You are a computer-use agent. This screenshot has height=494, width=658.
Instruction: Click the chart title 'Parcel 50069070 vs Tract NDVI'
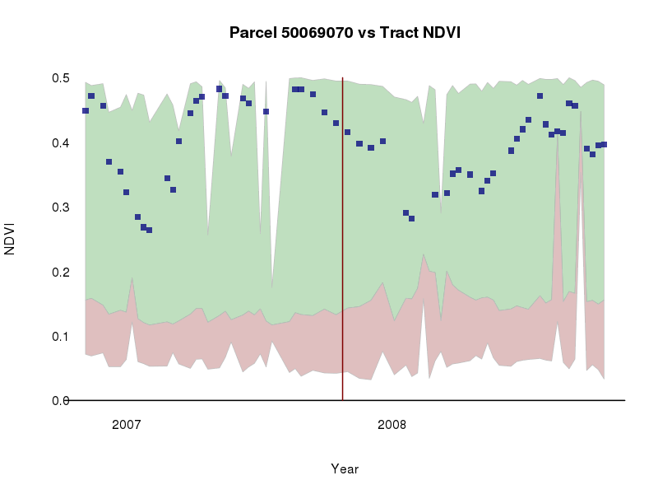click(345, 34)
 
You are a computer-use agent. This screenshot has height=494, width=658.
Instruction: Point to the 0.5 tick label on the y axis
click(61, 78)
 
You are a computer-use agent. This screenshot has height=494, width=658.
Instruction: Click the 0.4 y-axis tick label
click(61, 143)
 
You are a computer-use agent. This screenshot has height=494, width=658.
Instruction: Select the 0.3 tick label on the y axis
click(61, 207)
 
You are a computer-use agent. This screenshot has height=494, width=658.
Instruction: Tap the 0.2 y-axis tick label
click(61, 272)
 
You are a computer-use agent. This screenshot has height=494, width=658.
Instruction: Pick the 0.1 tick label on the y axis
click(61, 337)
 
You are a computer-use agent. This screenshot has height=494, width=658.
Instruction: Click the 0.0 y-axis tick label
click(61, 401)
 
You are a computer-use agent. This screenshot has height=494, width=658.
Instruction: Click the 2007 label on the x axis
click(127, 425)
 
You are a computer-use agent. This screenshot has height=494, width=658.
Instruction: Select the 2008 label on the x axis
click(392, 425)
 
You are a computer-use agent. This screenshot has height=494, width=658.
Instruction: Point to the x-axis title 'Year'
click(345, 469)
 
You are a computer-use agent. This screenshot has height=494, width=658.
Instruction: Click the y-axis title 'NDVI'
click(11, 239)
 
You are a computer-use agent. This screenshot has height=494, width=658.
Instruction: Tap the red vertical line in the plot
click(342, 247)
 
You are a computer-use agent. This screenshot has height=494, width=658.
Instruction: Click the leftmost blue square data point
click(86, 110)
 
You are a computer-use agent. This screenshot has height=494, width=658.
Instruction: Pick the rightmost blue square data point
click(604, 144)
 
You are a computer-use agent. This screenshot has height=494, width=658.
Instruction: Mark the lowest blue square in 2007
click(149, 230)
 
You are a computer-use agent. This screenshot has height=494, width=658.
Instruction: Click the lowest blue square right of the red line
click(411, 218)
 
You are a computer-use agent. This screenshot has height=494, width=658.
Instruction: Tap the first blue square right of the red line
click(347, 132)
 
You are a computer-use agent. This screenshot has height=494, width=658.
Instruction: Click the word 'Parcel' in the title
click(253, 34)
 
